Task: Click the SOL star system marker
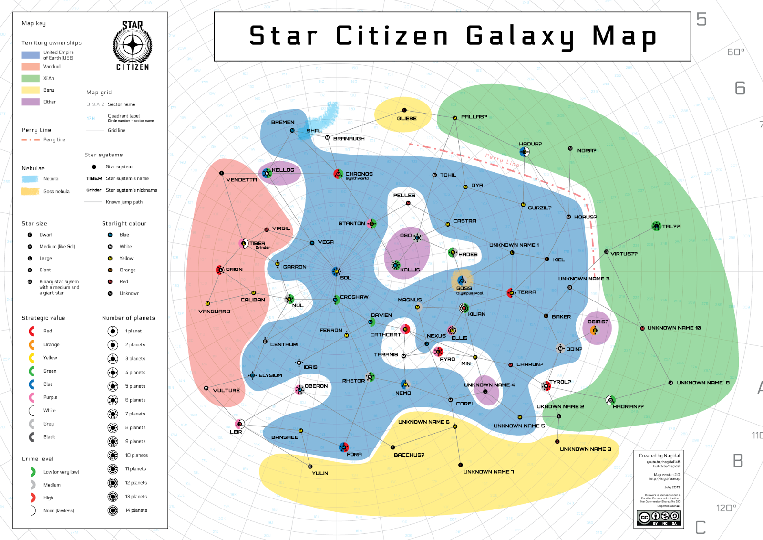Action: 336,272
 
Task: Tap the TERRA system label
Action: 526,292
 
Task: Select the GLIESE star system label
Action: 407,118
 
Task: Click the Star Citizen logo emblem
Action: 132,46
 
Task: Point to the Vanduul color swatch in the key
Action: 31,67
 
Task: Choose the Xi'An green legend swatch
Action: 31,78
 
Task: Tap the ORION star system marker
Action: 220,270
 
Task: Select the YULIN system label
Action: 320,473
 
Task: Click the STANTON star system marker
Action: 372,223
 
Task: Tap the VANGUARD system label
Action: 214,312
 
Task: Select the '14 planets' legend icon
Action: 113,510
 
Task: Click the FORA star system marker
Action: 344,447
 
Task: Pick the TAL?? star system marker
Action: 656,226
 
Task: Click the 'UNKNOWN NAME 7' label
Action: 488,472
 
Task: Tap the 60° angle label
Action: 735,52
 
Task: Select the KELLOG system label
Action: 283,170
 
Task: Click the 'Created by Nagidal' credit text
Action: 660,456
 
